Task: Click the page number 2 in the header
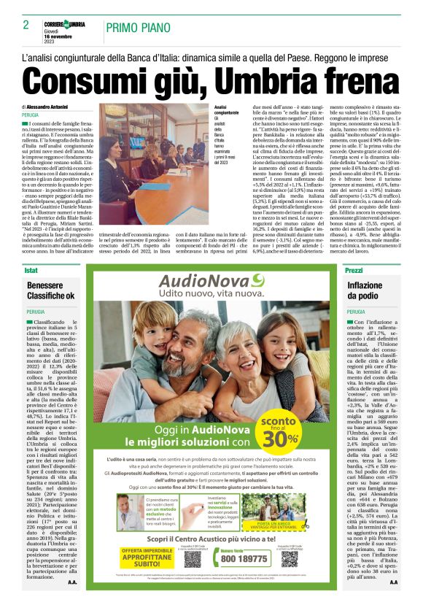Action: [x=26, y=25]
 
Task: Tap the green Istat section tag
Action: [x=30, y=270]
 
